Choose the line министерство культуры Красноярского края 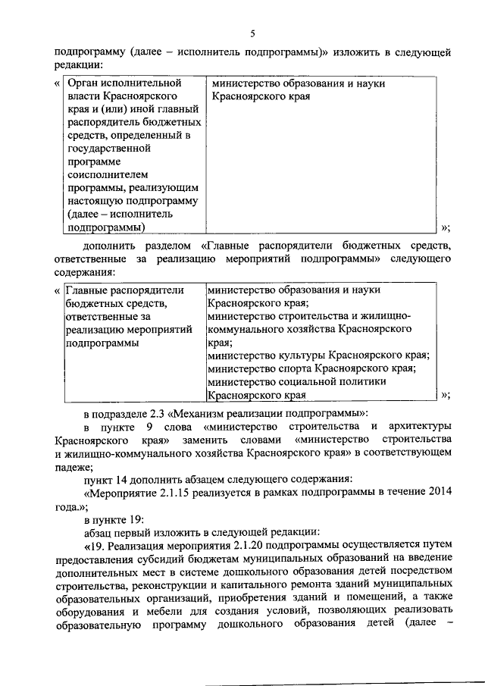(x=318, y=355)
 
